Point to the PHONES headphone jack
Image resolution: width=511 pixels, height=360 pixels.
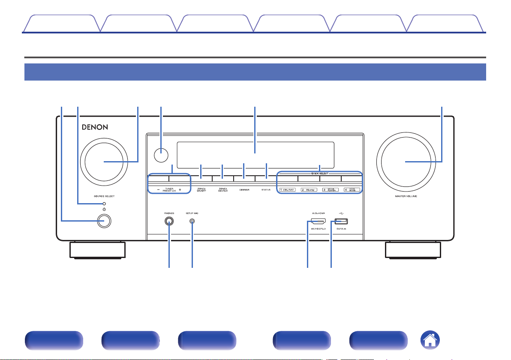169,221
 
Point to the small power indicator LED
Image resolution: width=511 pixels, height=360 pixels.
103,202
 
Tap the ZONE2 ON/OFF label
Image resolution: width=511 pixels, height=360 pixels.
201,189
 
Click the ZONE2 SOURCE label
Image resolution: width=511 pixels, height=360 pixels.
223,189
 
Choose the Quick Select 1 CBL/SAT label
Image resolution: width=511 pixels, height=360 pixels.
287,189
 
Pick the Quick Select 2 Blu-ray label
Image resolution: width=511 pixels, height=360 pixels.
309,189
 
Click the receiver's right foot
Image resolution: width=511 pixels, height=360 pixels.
413,250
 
